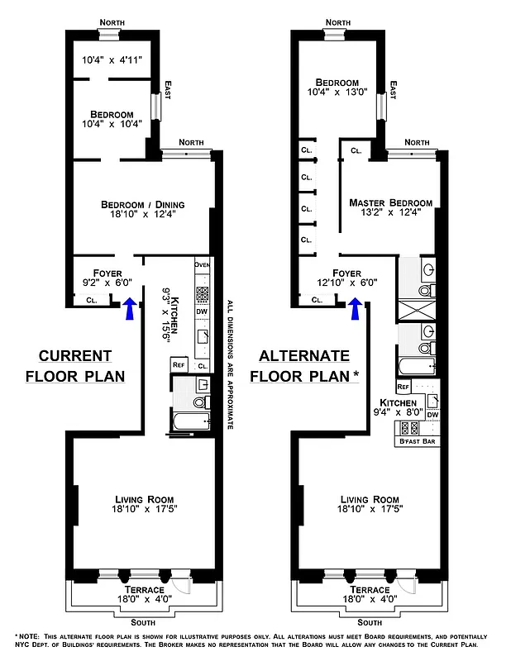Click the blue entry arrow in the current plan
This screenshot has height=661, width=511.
129,310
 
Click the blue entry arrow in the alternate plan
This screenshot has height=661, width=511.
356,310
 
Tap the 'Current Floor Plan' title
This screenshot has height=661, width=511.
74,366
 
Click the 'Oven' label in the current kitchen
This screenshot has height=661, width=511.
203,264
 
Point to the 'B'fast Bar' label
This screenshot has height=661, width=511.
418,441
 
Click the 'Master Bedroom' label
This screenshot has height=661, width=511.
390,203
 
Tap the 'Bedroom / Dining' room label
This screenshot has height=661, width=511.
142,205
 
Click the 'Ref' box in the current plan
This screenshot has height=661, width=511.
178,364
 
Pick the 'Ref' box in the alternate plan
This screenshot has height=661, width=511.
404,387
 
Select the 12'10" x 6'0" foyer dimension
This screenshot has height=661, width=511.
347,282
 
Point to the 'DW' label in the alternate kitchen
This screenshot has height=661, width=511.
432,414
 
